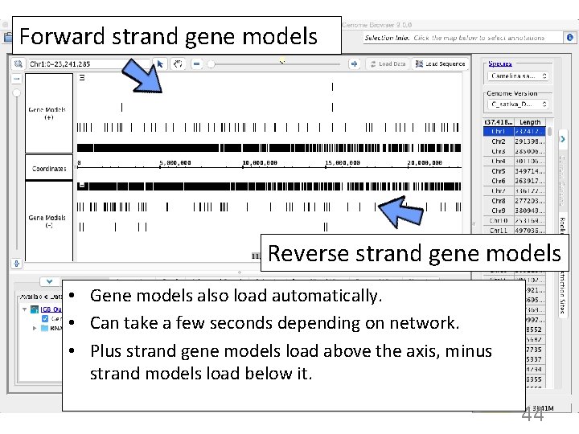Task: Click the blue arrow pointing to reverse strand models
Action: [x=402, y=213]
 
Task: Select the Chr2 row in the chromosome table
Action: [x=499, y=141]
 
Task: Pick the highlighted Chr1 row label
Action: [x=499, y=131]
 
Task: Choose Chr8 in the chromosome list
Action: [x=499, y=200]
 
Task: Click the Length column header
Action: [x=531, y=122]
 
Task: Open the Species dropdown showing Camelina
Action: [x=519, y=76]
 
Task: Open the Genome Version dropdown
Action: [x=519, y=104]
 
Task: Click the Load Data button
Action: [x=388, y=63]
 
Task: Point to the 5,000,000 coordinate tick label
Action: [x=175, y=163]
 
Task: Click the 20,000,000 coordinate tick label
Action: [x=424, y=163]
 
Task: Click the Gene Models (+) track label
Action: [x=47, y=113]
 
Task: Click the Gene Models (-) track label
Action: [x=47, y=221]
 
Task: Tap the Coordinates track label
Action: [x=49, y=169]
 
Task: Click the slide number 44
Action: [x=532, y=414]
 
